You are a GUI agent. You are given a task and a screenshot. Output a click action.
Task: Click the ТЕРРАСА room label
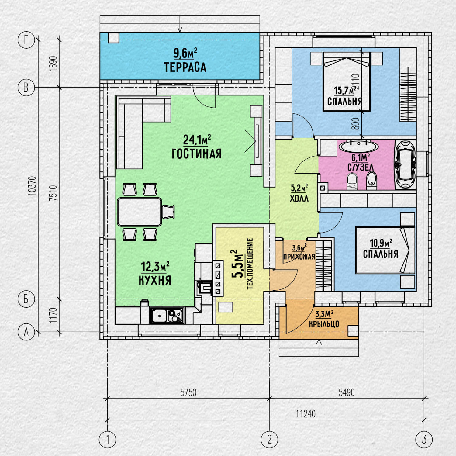coord(185,67)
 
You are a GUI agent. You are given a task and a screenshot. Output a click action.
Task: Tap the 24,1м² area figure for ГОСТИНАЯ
coord(197,140)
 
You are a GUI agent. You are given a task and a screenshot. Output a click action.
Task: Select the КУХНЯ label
coord(155,280)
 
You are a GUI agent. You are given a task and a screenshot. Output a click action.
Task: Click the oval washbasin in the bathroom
coord(359,146)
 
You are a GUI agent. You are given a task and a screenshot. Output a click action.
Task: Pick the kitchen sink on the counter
coord(168,315)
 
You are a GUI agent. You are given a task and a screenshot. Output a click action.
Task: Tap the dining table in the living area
coord(140,212)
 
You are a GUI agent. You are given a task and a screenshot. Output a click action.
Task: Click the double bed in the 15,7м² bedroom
coord(346,81)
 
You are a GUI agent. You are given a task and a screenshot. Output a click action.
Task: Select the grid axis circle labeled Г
coord(26,40)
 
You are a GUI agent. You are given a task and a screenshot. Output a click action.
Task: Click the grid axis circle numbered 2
coord(269,439)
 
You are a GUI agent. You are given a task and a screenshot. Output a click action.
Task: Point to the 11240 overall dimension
coord(306,414)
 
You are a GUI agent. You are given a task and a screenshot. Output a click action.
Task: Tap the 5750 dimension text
coord(188,392)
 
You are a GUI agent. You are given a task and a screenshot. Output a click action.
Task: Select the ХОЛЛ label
coord(299,199)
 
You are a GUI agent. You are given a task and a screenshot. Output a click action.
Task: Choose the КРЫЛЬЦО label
coord(324,324)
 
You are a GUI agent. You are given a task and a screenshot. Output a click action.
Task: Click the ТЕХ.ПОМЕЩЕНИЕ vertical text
coord(250,264)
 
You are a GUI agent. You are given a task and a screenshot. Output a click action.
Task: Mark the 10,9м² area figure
coord(381,243)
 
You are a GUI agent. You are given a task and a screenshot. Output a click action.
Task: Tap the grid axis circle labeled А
coord(26,332)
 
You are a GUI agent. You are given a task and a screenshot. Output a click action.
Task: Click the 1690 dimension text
coord(53,64)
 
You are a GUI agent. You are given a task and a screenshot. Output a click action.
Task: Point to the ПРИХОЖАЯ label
coord(299,257)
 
